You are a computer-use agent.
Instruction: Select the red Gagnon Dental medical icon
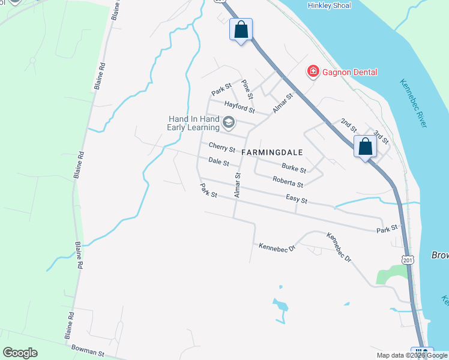(x=313, y=72)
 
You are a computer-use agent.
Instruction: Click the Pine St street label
(x=246, y=88)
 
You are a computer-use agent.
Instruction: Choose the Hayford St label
(x=240, y=107)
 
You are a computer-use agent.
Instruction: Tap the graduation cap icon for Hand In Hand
(x=228, y=123)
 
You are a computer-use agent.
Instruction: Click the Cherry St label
(x=221, y=147)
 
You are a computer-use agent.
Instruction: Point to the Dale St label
(x=218, y=162)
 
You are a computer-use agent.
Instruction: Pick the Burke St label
(x=294, y=169)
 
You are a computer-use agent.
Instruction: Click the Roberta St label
(x=288, y=181)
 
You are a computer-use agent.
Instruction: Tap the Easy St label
(x=297, y=199)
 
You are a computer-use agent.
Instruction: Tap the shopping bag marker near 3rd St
(x=365, y=147)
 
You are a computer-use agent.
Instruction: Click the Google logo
(x=20, y=353)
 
